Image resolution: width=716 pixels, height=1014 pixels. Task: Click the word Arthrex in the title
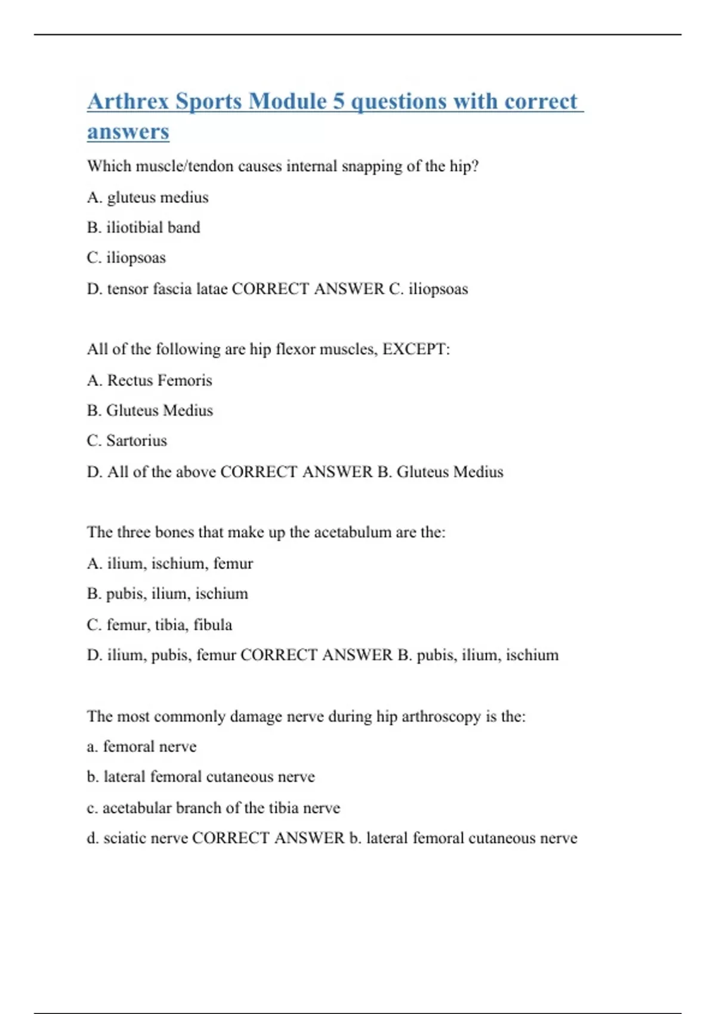[128, 101]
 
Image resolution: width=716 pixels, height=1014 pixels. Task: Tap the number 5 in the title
[339, 101]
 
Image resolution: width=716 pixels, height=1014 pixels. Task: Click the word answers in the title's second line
[128, 132]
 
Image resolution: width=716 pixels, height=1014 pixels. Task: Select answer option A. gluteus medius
[148, 197]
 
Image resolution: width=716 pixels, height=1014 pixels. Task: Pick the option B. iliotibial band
[144, 228]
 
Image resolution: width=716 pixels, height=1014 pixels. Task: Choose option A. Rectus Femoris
[150, 381]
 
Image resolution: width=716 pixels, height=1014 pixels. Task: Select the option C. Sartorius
[127, 441]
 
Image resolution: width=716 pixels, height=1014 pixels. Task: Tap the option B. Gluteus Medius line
[150, 411]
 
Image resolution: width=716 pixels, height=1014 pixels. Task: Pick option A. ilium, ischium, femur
[170, 564]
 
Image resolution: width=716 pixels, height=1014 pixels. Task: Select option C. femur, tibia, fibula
[160, 625]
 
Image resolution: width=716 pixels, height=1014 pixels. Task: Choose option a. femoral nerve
[142, 747]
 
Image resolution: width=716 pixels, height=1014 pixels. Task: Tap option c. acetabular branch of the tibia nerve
[214, 808]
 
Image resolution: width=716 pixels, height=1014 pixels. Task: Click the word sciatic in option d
[124, 839]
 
